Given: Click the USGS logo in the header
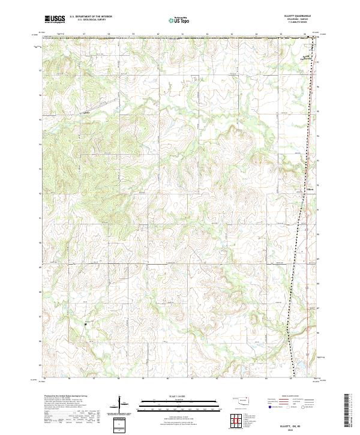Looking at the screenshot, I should pyautogui.click(x=54, y=19).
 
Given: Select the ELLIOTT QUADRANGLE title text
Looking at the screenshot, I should pyautogui.click(x=302, y=16).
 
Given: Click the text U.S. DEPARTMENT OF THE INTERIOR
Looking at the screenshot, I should pyautogui.click(x=91, y=17).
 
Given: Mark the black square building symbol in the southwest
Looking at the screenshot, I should pyautogui.click(x=86, y=323).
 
